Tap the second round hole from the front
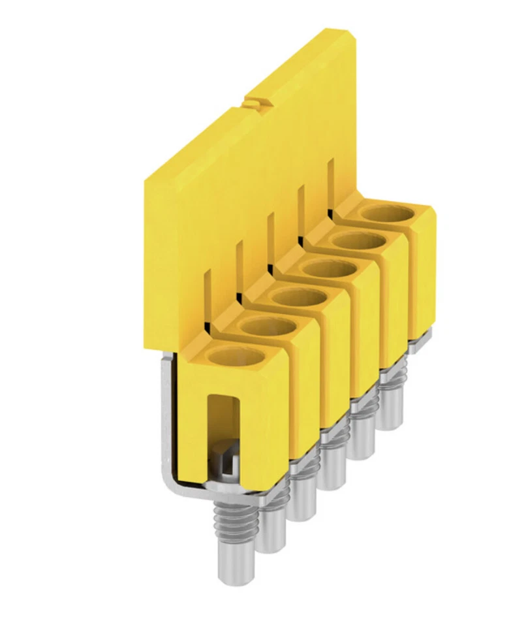(x=267, y=327)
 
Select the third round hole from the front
(x=298, y=297)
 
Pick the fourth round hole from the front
(x=328, y=268)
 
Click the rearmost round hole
(x=388, y=213)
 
